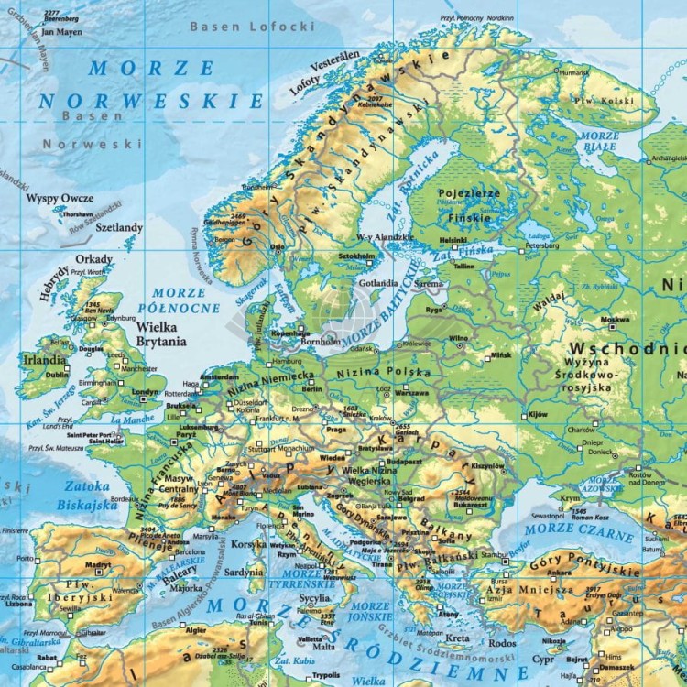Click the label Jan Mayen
61,31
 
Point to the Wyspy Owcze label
60,198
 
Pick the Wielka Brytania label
161,333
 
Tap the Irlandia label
43,360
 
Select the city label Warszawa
411,391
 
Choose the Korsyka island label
249,544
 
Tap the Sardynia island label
244,572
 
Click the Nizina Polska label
384,373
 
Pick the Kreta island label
458,638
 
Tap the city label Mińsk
501,354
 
